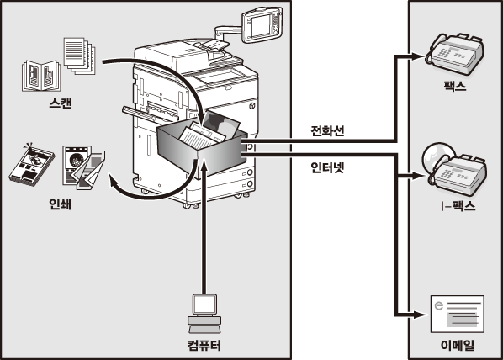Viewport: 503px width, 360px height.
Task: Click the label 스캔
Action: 60,103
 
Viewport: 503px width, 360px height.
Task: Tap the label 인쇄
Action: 60,204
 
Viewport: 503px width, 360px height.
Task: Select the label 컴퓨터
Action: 204,346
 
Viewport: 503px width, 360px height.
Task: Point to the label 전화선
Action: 327,130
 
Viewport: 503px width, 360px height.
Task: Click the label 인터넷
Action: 327,167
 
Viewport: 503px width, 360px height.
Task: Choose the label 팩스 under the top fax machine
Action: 455,86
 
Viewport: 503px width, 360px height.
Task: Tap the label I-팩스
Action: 458,206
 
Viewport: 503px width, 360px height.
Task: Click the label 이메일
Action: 457,345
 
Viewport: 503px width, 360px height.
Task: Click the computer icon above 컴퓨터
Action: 204,314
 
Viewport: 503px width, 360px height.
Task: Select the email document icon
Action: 457,314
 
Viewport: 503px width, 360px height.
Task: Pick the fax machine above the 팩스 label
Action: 454,54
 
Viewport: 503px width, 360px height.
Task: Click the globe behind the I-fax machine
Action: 437,156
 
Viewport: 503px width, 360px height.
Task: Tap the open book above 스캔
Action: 41,76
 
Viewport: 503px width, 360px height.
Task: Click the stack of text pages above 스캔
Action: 80,56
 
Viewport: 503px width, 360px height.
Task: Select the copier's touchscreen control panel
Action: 262,25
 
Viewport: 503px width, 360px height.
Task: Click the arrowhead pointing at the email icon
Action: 420,315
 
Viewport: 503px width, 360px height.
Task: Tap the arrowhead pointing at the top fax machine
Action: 418,56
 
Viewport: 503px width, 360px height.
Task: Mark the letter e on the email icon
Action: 438,305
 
